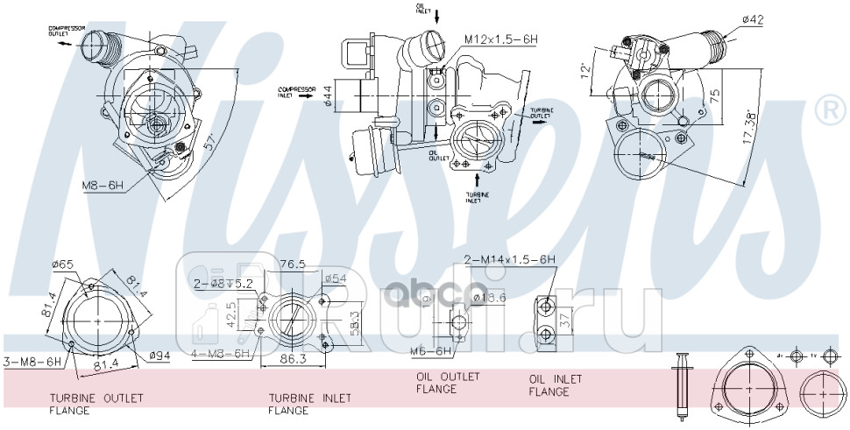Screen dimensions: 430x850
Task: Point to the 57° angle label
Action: point(209,142)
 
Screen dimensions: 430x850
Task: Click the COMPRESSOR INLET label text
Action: point(295,93)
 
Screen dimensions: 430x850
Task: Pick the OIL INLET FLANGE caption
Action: point(551,385)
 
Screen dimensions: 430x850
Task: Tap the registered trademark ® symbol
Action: point(825,109)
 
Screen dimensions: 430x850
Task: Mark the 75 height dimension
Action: point(715,95)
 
